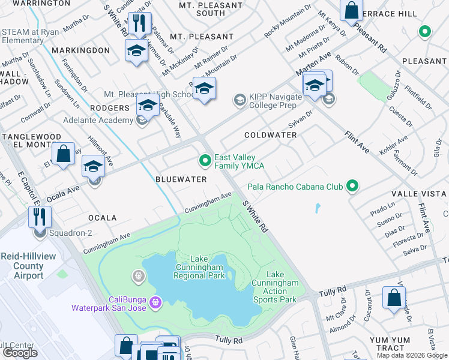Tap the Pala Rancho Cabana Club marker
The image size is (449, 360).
(352, 187)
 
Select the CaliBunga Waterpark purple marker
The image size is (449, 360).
(156, 300)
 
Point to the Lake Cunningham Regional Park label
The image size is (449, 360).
(199, 267)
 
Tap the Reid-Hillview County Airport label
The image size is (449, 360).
(22, 265)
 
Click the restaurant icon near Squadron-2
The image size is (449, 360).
(40, 217)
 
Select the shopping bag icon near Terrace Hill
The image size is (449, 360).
(352, 10)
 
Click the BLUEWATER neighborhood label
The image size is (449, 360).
(181, 179)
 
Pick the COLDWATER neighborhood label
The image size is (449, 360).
(270, 135)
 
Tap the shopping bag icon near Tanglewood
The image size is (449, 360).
(63, 154)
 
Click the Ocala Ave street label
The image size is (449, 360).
(63, 190)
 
